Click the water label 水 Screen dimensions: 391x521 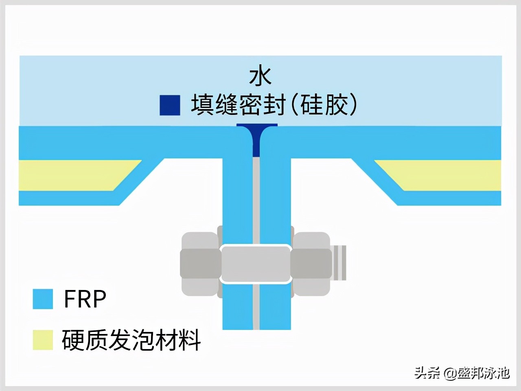260,77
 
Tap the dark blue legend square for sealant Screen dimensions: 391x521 170,105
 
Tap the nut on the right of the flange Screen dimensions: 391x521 311,264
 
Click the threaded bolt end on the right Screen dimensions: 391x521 339,263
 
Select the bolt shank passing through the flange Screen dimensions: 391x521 256,264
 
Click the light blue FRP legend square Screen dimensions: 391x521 43,299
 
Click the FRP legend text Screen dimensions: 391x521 85,299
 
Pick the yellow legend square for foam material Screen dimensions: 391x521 43,340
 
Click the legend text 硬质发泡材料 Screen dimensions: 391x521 131,340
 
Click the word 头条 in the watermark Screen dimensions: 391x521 427,373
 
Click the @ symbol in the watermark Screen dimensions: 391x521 450,373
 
